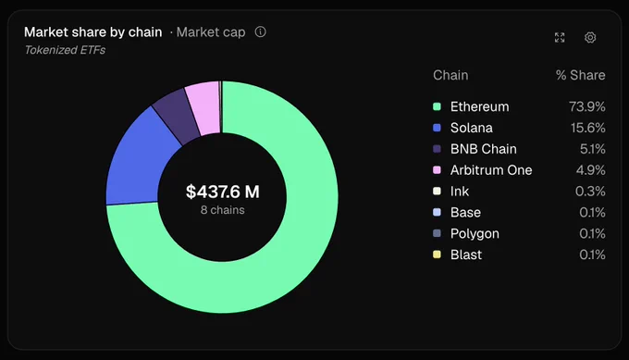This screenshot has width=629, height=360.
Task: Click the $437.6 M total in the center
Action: coord(223,192)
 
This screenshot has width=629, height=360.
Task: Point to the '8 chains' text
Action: coord(223,210)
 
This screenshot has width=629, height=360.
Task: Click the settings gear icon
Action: coord(590,37)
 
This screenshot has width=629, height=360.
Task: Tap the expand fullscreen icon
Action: coord(560,37)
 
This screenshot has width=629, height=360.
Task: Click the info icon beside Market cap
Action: coord(260,31)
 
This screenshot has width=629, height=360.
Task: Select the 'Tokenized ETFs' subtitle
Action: coord(65,50)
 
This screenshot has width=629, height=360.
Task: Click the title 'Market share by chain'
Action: coord(93,32)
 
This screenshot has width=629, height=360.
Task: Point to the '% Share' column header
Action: coord(581,75)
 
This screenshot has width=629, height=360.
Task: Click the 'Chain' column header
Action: coord(450,75)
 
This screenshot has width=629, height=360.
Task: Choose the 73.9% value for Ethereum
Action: coord(586,106)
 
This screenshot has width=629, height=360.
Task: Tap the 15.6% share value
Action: coord(587,128)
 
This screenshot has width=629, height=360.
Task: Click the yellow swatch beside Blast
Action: coord(437,254)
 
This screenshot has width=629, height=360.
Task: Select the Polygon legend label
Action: coord(475,233)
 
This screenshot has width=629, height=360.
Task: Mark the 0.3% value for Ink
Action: coord(590,191)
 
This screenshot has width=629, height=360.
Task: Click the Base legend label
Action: coord(465,212)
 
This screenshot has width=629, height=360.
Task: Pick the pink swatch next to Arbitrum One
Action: coord(437,169)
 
